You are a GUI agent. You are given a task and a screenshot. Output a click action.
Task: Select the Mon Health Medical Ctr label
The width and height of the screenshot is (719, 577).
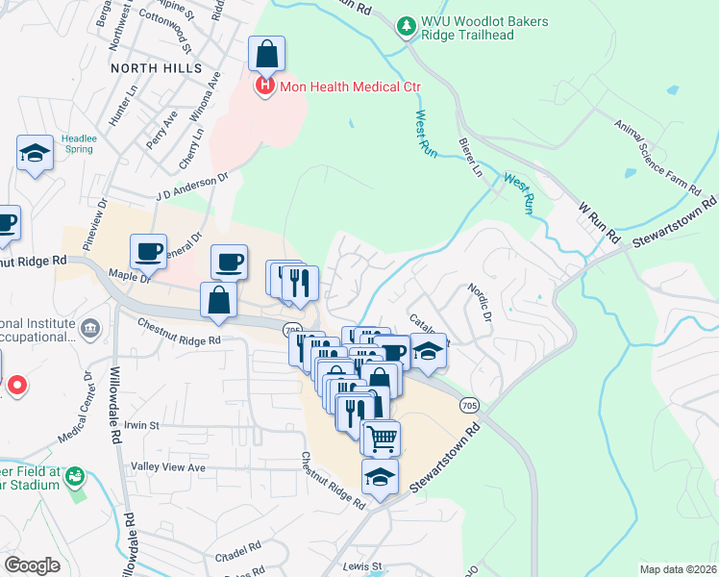(351, 87)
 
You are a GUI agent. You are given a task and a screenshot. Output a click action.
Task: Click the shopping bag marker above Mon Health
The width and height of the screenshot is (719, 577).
(266, 54)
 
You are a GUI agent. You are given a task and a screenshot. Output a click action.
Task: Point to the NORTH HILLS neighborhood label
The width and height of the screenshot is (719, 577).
(157, 68)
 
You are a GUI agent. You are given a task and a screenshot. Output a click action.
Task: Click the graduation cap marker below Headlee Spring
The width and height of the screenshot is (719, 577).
(36, 154)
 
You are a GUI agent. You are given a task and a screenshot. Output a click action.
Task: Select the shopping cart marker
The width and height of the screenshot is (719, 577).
(381, 438)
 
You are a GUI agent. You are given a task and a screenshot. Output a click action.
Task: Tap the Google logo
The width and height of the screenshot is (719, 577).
(32, 565)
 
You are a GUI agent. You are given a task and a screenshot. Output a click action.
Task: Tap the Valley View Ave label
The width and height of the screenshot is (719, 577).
(169, 467)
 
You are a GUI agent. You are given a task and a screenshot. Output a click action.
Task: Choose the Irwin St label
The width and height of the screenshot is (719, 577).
(140, 424)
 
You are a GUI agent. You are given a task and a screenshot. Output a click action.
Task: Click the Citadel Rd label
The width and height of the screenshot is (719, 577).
(240, 545)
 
